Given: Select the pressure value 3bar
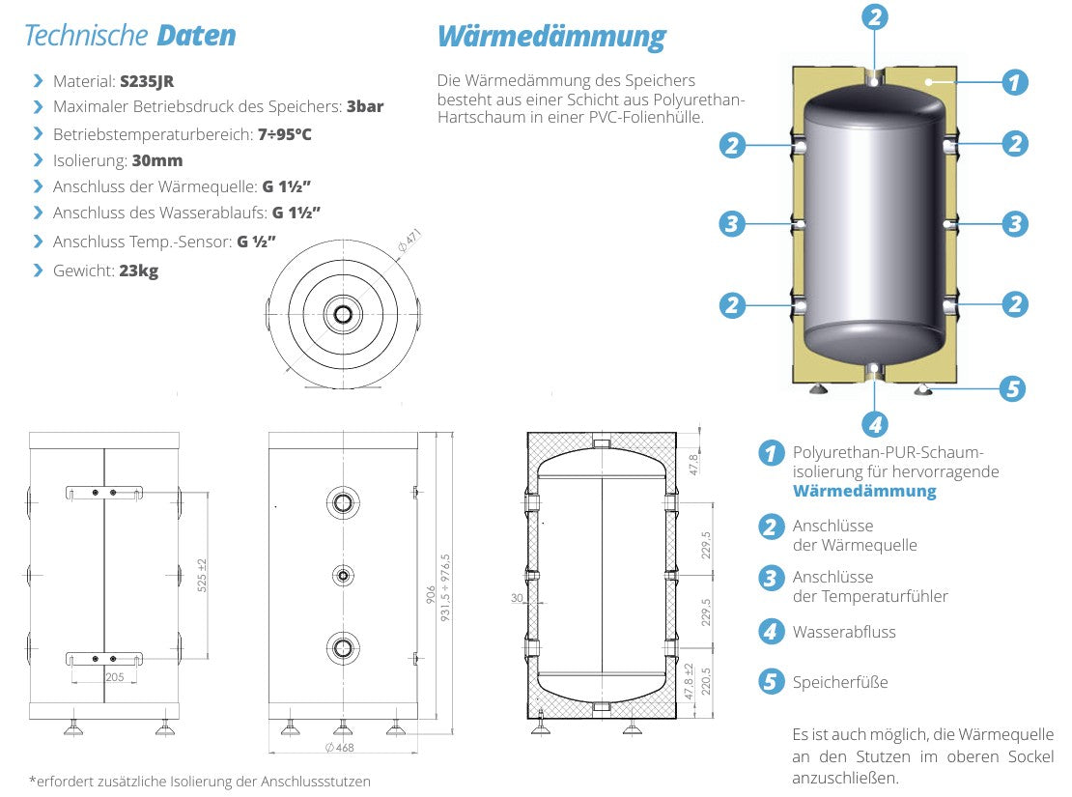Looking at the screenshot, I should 365,106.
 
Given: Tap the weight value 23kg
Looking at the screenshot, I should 138,271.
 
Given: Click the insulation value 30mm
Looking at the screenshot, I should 157,160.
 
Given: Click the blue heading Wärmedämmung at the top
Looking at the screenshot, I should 551,37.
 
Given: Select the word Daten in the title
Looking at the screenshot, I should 196,37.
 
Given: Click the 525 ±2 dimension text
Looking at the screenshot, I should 201,576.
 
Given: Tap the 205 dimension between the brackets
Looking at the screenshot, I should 114,678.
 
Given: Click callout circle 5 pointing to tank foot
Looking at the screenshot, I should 1011,389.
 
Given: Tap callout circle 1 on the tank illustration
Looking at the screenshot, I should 1013,83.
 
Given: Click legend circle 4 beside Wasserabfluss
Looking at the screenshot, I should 771,632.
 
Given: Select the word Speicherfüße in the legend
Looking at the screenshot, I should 839,682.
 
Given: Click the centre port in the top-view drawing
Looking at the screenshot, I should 343,314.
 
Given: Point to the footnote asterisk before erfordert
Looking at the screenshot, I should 31,781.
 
